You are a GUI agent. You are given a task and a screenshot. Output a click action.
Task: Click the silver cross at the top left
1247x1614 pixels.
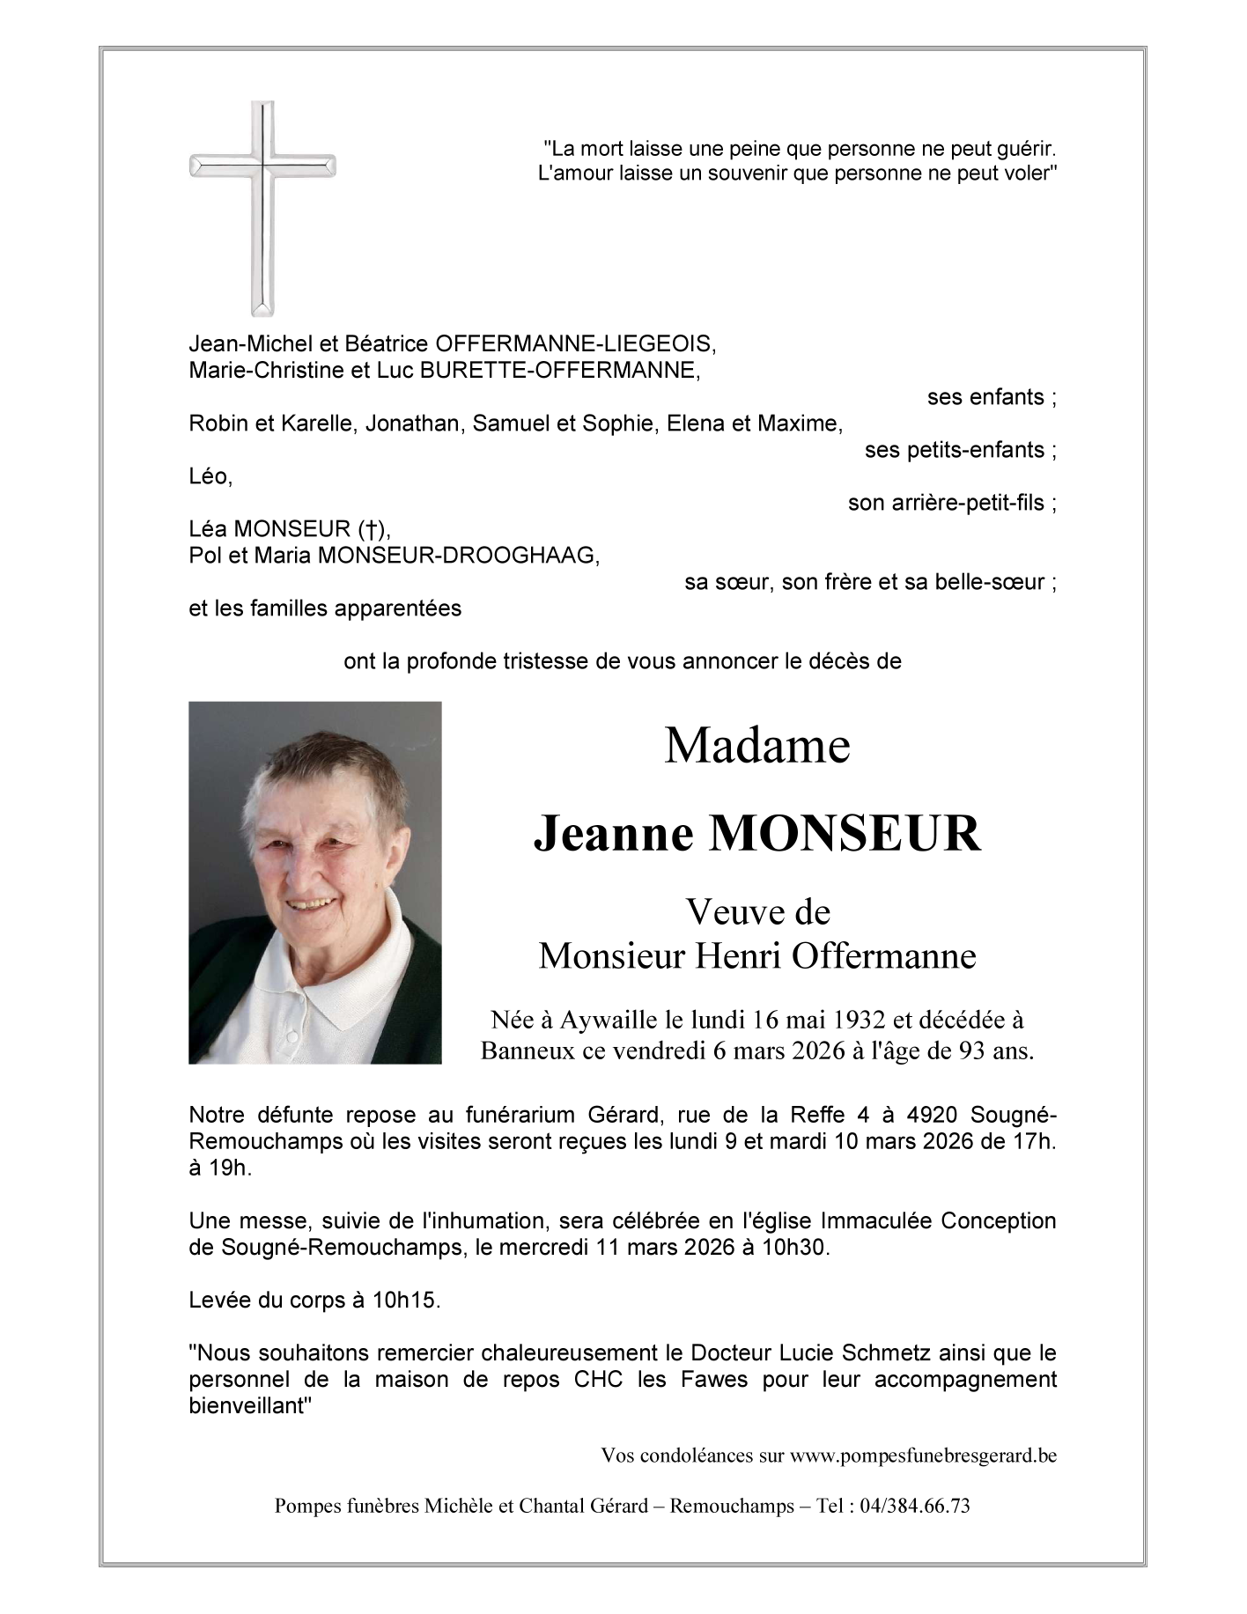pos(262,208)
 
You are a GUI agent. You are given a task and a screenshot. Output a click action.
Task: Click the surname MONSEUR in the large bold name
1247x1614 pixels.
pos(845,834)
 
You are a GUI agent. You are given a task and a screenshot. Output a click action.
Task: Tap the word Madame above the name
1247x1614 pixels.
pos(756,746)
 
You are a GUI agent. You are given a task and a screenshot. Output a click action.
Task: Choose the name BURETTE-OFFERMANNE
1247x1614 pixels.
pos(560,370)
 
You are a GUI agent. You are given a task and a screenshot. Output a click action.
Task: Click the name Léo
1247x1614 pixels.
pos(209,476)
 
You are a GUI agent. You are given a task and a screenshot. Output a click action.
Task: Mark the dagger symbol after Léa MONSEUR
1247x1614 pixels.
pos(373,529)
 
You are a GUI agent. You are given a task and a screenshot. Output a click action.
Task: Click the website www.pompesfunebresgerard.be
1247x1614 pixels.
pos(923,1456)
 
